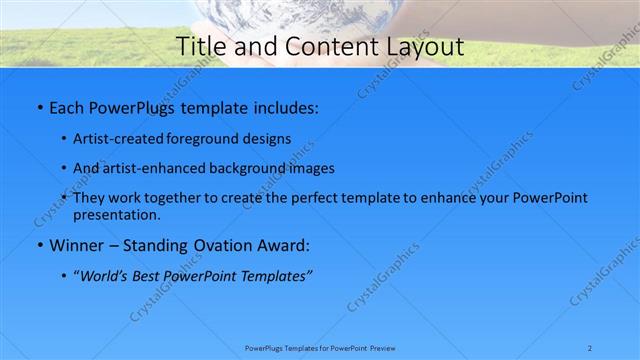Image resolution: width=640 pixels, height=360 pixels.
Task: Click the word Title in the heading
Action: point(200,46)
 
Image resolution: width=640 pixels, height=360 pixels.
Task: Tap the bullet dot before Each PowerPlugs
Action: point(38,106)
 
